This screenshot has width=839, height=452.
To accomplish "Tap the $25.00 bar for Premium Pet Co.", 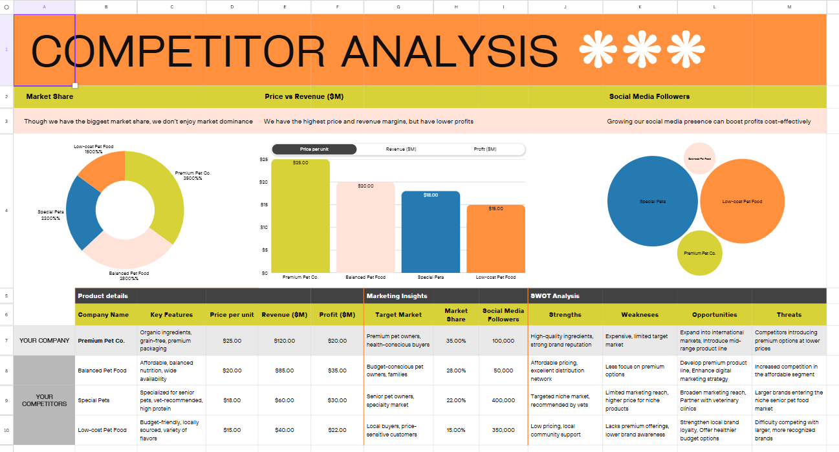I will pyautogui.click(x=300, y=217).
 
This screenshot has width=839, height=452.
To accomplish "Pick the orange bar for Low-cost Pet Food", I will pyautogui.click(x=496, y=239).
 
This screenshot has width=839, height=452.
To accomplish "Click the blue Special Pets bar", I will pyautogui.click(x=430, y=233).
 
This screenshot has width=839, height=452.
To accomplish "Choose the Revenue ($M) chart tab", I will pyautogui.click(x=401, y=149).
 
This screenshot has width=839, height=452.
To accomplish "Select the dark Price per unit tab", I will pyautogui.click(x=314, y=149).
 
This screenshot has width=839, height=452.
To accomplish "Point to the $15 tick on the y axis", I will pyautogui.click(x=263, y=205).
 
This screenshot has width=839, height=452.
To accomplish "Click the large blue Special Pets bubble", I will pyautogui.click(x=652, y=201).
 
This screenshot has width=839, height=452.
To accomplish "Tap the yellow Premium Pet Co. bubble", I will pyautogui.click(x=699, y=253).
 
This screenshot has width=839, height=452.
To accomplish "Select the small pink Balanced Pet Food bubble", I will pyautogui.click(x=699, y=158).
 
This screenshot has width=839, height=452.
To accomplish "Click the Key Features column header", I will pyautogui.click(x=171, y=315).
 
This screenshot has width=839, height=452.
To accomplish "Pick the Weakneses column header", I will pyautogui.click(x=640, y=315).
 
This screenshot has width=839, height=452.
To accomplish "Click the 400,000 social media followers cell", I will pyautogui.click(x=503, y=400).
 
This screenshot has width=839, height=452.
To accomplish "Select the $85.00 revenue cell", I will pyautogui.click(x=284, y=371).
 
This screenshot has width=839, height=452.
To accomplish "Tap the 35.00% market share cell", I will pyautogui.click(x=455, y=341).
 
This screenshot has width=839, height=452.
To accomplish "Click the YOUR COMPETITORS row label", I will pyautogui.click(x=44, y=400).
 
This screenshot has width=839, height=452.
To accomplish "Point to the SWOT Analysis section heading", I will pyautogui.click(x=554, y=296).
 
